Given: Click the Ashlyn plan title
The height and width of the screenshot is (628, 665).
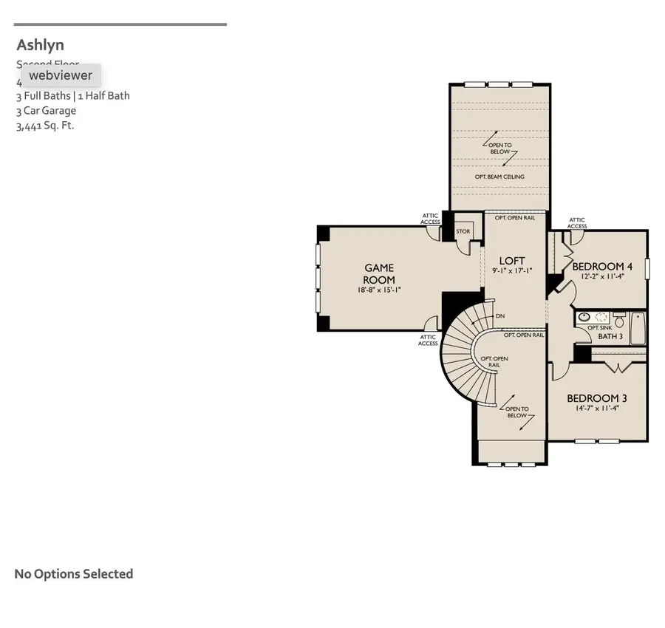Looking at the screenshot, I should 41,45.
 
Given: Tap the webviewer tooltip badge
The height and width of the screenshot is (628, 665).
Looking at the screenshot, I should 61,75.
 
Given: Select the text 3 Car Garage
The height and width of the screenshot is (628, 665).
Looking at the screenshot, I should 46,111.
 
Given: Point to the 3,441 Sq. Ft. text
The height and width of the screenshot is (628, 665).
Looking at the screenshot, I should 45,126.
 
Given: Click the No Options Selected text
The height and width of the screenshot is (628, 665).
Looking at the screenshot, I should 74,574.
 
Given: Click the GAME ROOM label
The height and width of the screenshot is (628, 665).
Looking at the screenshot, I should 378,274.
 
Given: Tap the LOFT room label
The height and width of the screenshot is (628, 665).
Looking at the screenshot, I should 512,261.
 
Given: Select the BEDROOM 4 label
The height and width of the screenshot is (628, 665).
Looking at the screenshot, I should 602,267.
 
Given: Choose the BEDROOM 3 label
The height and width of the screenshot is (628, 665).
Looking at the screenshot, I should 597,398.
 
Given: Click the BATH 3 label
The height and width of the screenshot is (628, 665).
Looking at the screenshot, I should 610,336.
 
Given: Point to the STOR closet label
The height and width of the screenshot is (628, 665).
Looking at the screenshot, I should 463,231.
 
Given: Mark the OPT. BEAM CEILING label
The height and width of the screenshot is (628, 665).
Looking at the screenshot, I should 499,177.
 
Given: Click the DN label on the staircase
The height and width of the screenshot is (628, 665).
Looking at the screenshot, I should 500,316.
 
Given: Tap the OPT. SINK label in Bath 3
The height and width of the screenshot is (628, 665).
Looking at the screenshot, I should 599,327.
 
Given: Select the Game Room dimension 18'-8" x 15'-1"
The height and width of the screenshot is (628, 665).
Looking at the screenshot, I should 378,290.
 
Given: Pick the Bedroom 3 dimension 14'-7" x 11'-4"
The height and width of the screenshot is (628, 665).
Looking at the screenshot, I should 597,408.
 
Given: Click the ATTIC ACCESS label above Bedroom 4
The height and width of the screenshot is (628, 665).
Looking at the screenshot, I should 577,223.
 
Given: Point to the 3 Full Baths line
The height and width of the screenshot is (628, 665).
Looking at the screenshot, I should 73,96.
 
